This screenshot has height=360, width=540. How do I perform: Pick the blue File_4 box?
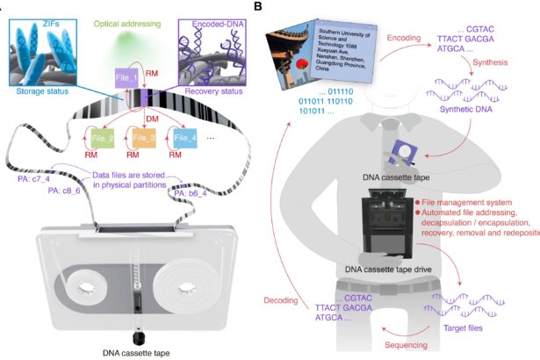186,139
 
